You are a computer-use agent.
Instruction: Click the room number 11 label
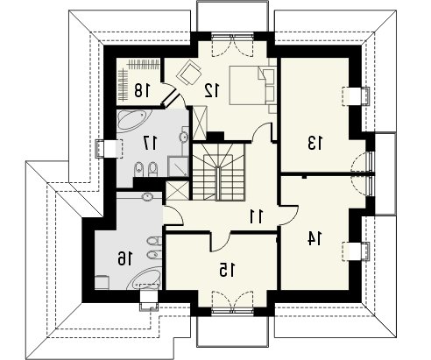(x=257, y=216)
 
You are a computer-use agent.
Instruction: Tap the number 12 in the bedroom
(x=211, y=90)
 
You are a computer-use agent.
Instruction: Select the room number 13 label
(x=315, y=143)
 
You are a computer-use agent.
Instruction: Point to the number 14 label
(x=314, y=238)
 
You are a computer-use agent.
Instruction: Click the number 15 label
(x=227, y=270)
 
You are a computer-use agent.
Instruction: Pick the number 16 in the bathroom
(x=125, y=258)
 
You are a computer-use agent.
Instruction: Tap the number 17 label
(x=150, y=143)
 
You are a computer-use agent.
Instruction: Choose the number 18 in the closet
(x=142, y=90)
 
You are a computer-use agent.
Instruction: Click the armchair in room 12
(x=189, y=72)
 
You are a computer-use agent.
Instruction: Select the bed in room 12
(x=252, y=85)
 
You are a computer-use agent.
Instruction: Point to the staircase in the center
(x=218, y=172)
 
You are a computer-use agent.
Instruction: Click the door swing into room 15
(x=221, y=242)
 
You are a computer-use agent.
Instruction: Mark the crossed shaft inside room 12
(x=200, y=123)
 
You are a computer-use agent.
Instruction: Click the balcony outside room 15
(x=232, y=331)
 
